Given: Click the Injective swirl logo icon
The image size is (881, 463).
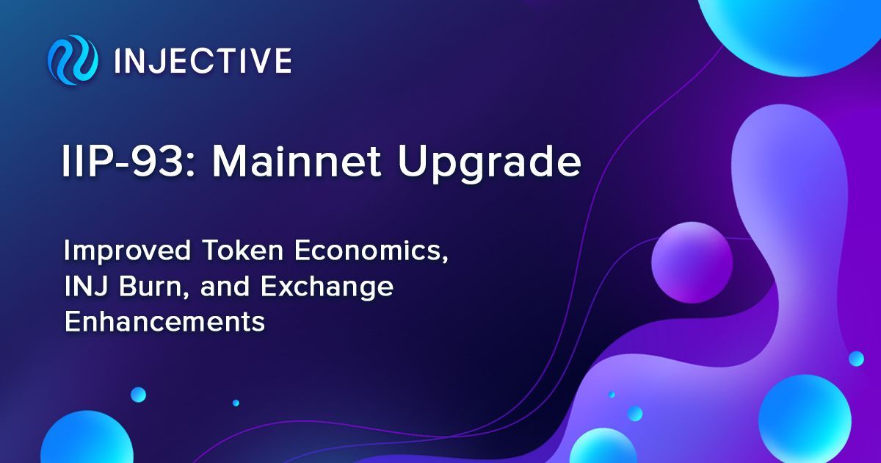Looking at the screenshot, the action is point(73,60).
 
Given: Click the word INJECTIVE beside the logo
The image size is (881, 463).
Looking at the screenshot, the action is point(203,60).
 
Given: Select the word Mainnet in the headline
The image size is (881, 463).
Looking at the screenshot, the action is point(297,162).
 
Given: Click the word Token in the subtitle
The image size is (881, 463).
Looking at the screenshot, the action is point(243,251).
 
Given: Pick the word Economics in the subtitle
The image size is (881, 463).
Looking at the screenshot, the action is point(371,251).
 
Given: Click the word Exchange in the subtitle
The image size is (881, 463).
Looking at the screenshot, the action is point(327,287).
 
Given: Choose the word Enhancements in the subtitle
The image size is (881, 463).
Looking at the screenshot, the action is point(164,322).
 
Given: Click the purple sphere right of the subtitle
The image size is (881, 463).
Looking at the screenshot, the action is point(692,262).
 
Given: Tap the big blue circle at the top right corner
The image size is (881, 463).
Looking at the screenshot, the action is point(788,28).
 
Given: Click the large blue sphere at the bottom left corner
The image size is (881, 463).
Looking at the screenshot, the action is point(87,438).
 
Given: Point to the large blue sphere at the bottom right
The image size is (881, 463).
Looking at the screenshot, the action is point(805,420).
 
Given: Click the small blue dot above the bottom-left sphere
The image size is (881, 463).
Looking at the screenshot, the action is point(138,395).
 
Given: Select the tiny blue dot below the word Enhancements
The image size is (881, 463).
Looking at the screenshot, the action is point(236,403).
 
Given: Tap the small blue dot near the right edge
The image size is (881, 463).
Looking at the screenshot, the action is point(856,359).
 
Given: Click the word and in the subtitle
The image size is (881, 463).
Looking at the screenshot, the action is point(225,287).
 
